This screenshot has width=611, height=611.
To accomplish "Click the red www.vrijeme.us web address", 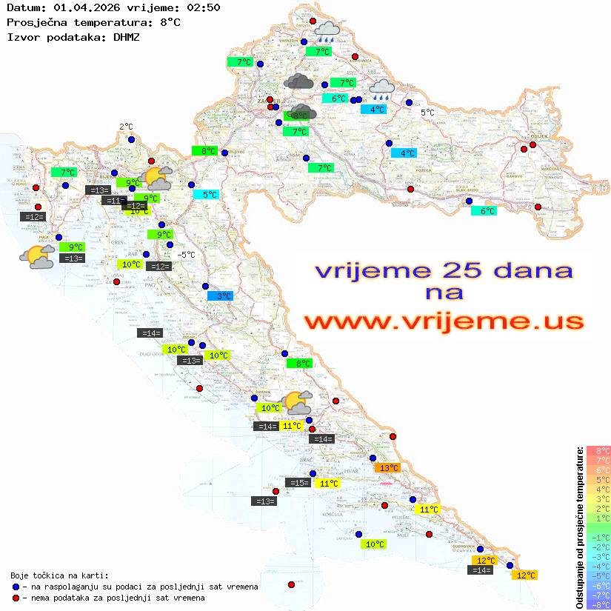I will pyautogui.click(x=443, y=321).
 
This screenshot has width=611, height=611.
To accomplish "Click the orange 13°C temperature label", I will pyautogui.click(x=387, y=468).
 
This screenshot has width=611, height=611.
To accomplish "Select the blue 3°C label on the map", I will pyautogui.click(x=220, y=296).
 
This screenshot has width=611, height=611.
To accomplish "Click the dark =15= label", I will pyautogui.click(x=298, y=483).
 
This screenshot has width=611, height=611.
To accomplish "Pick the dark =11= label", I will pyautogui.click(x=113, y=201).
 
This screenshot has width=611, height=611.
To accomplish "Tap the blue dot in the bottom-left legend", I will pyautogui.click(x=16, y=587).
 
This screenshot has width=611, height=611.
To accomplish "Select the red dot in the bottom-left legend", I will pyautogui.click(x=16, y=598).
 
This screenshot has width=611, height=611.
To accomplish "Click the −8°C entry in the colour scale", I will pyautogui.click(x=598, y=605).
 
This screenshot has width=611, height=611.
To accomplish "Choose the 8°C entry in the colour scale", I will pyautogui.click(x=598, y=451).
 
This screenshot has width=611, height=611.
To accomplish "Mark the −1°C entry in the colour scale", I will pyautogui.click(x=598, y=538).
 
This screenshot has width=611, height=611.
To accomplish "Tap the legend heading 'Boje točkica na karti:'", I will pyautogui.click(x=59, y=575).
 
